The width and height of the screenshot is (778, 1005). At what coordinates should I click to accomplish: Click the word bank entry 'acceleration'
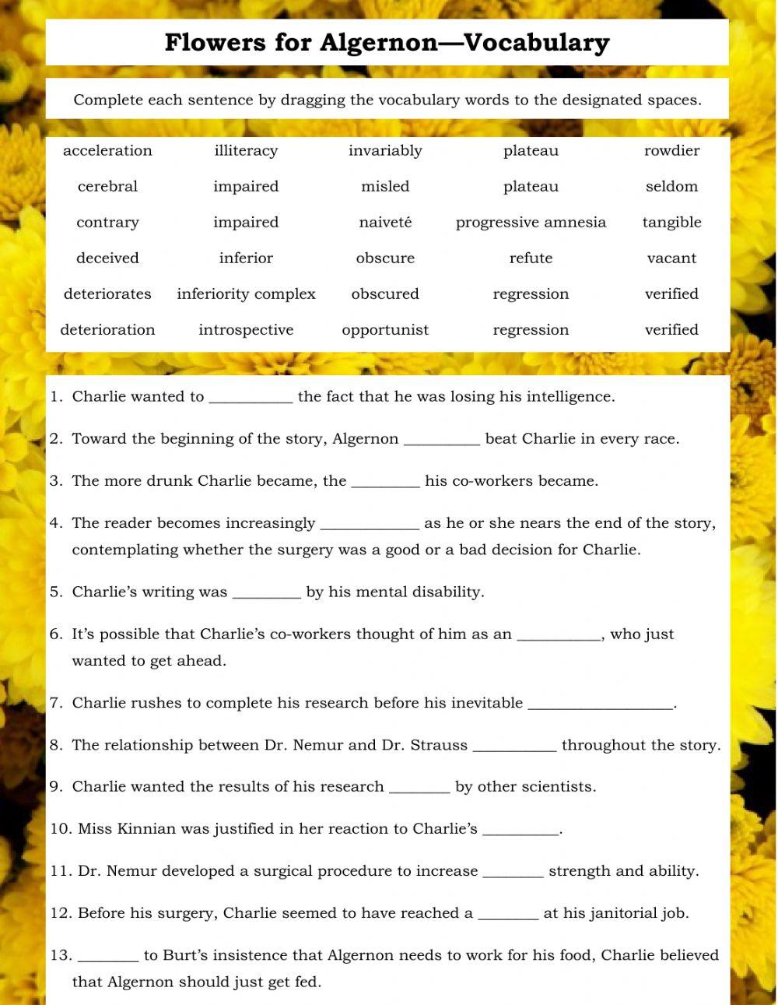point(107,150)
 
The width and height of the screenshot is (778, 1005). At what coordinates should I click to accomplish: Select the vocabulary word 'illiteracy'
point(246,150)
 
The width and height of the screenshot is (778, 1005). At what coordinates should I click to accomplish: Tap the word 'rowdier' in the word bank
point(671,150)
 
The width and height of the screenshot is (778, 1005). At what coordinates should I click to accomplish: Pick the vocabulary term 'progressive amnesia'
point(531,222)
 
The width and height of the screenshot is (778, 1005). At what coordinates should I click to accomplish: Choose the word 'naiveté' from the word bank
point(385,222)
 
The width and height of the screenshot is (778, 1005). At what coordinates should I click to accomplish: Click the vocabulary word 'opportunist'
point(385,329)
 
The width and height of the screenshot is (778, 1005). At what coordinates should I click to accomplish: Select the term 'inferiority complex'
point(246,293)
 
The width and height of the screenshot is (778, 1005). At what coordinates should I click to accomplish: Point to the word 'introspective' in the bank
point(246,329)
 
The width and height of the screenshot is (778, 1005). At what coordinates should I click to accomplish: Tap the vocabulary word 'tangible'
point(671,222)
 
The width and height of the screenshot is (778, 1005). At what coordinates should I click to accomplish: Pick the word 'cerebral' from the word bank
point(107,186)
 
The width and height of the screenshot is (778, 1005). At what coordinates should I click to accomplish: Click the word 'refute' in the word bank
point(531,258)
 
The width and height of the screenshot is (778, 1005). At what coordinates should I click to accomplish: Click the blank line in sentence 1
point(251,398)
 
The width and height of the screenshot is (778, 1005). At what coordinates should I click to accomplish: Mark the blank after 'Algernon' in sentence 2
point(442,440)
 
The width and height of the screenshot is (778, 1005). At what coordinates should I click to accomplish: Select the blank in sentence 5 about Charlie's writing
point(267,593)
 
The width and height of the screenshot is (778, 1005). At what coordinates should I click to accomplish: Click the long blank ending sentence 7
point(601,705)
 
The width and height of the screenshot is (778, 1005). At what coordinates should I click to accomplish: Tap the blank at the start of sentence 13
point(108,956)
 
